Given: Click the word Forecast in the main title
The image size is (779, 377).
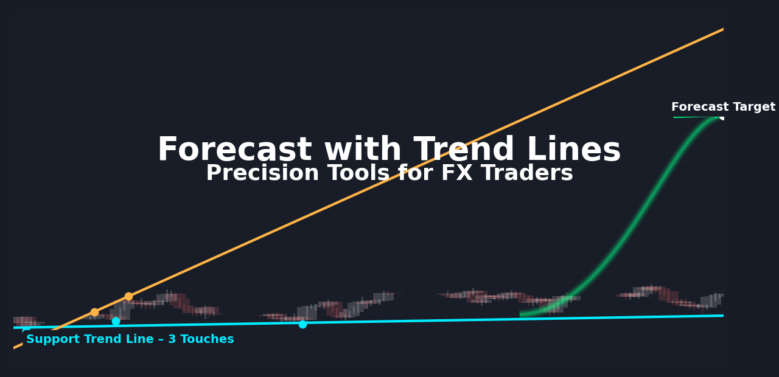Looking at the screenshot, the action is [x=235, y=150].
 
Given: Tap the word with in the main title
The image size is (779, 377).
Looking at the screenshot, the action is [x=363, y=149].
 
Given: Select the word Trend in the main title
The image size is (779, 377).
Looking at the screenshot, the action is [x=464, y=149].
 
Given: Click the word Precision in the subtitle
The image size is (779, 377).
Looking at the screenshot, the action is [x=262, y=173].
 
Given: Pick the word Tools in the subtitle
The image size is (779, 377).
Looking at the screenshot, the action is [x=358, y=173].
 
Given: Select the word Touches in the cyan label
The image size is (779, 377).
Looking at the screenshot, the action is [x=208, y=339].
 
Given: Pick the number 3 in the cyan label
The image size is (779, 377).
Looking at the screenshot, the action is [x=172, y=339].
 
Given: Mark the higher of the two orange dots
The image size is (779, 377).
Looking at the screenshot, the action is [x=128, y=296].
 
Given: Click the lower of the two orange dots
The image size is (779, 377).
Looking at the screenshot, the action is [x=94, y=313].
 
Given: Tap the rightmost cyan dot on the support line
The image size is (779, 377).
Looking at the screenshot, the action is [x=302, y=324].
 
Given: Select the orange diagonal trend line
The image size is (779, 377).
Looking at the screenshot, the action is [x=369, y=188].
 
